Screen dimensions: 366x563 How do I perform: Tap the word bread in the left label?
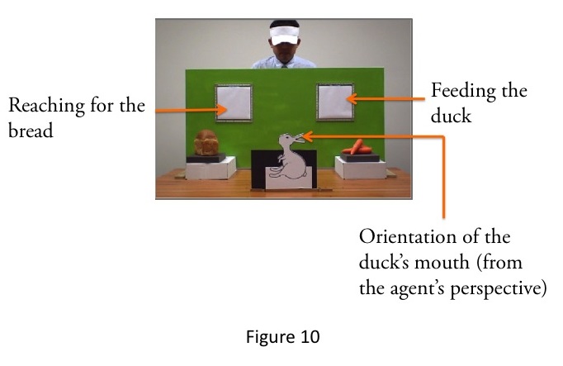click(x=30, y=131)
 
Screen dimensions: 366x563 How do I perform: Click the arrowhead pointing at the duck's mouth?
click(x=308, y=135)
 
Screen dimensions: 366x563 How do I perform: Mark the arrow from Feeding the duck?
click(x=388, y=98)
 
